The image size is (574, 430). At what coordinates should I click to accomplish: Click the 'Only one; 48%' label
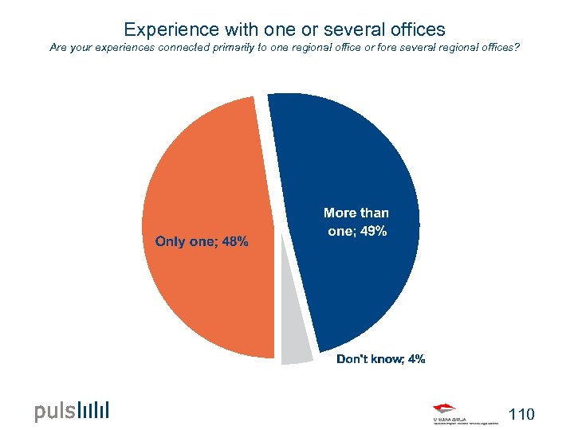pos(202,241)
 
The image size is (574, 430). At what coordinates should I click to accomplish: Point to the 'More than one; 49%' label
pos(356,222)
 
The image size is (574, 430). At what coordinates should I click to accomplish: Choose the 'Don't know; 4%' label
pos(380,359)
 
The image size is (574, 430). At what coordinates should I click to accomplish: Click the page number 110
pos(521,414)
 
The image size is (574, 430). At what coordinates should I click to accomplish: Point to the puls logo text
pos(55,412)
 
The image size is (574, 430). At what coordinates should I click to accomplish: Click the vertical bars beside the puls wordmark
pos(94,410)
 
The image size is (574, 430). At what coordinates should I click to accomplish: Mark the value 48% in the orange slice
pos(235,241)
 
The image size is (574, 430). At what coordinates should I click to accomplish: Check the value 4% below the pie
pos(416,359)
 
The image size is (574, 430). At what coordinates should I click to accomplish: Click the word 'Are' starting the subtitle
pos(58,48)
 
